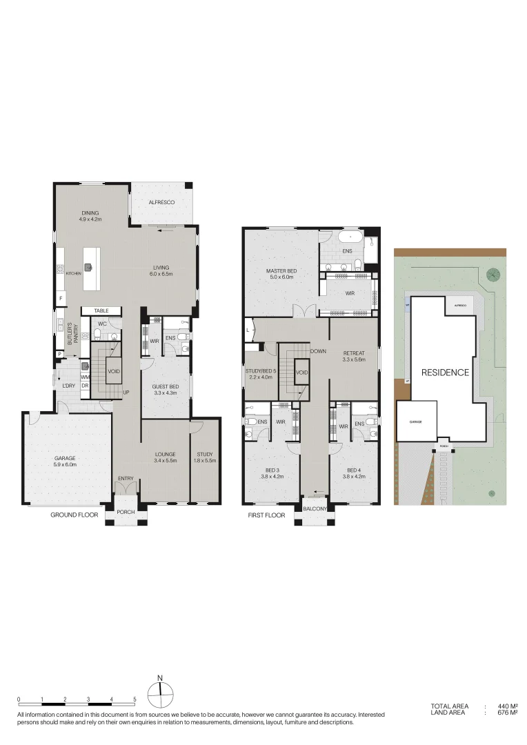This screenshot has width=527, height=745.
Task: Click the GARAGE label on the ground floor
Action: point(65,458)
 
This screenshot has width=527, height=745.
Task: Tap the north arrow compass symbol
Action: point(160,693)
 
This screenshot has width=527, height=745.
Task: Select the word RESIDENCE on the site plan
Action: point(445,372)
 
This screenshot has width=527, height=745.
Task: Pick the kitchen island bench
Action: point(89,261)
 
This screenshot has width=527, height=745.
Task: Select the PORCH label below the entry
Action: point(125,512)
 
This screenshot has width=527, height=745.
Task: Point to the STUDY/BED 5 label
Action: point(261,354)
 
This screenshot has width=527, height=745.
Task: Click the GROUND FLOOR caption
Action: point(74,515)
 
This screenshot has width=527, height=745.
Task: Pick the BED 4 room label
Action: point(353,470)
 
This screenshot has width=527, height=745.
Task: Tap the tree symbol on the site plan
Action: point(493,275)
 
